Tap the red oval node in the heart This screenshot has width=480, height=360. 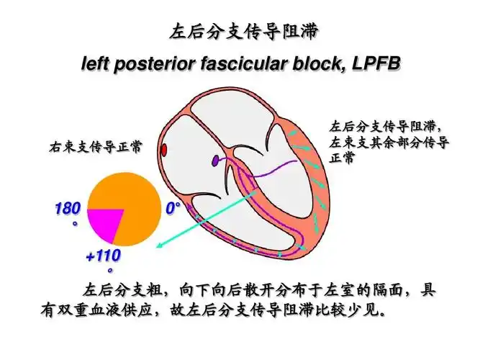[164, 150]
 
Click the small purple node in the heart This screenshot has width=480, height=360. [214, 161]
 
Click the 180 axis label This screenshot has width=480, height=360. [67, 210]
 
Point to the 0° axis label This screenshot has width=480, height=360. [173, 210]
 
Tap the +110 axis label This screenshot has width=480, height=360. [103, 256]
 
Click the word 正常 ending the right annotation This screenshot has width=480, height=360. [342, 158]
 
